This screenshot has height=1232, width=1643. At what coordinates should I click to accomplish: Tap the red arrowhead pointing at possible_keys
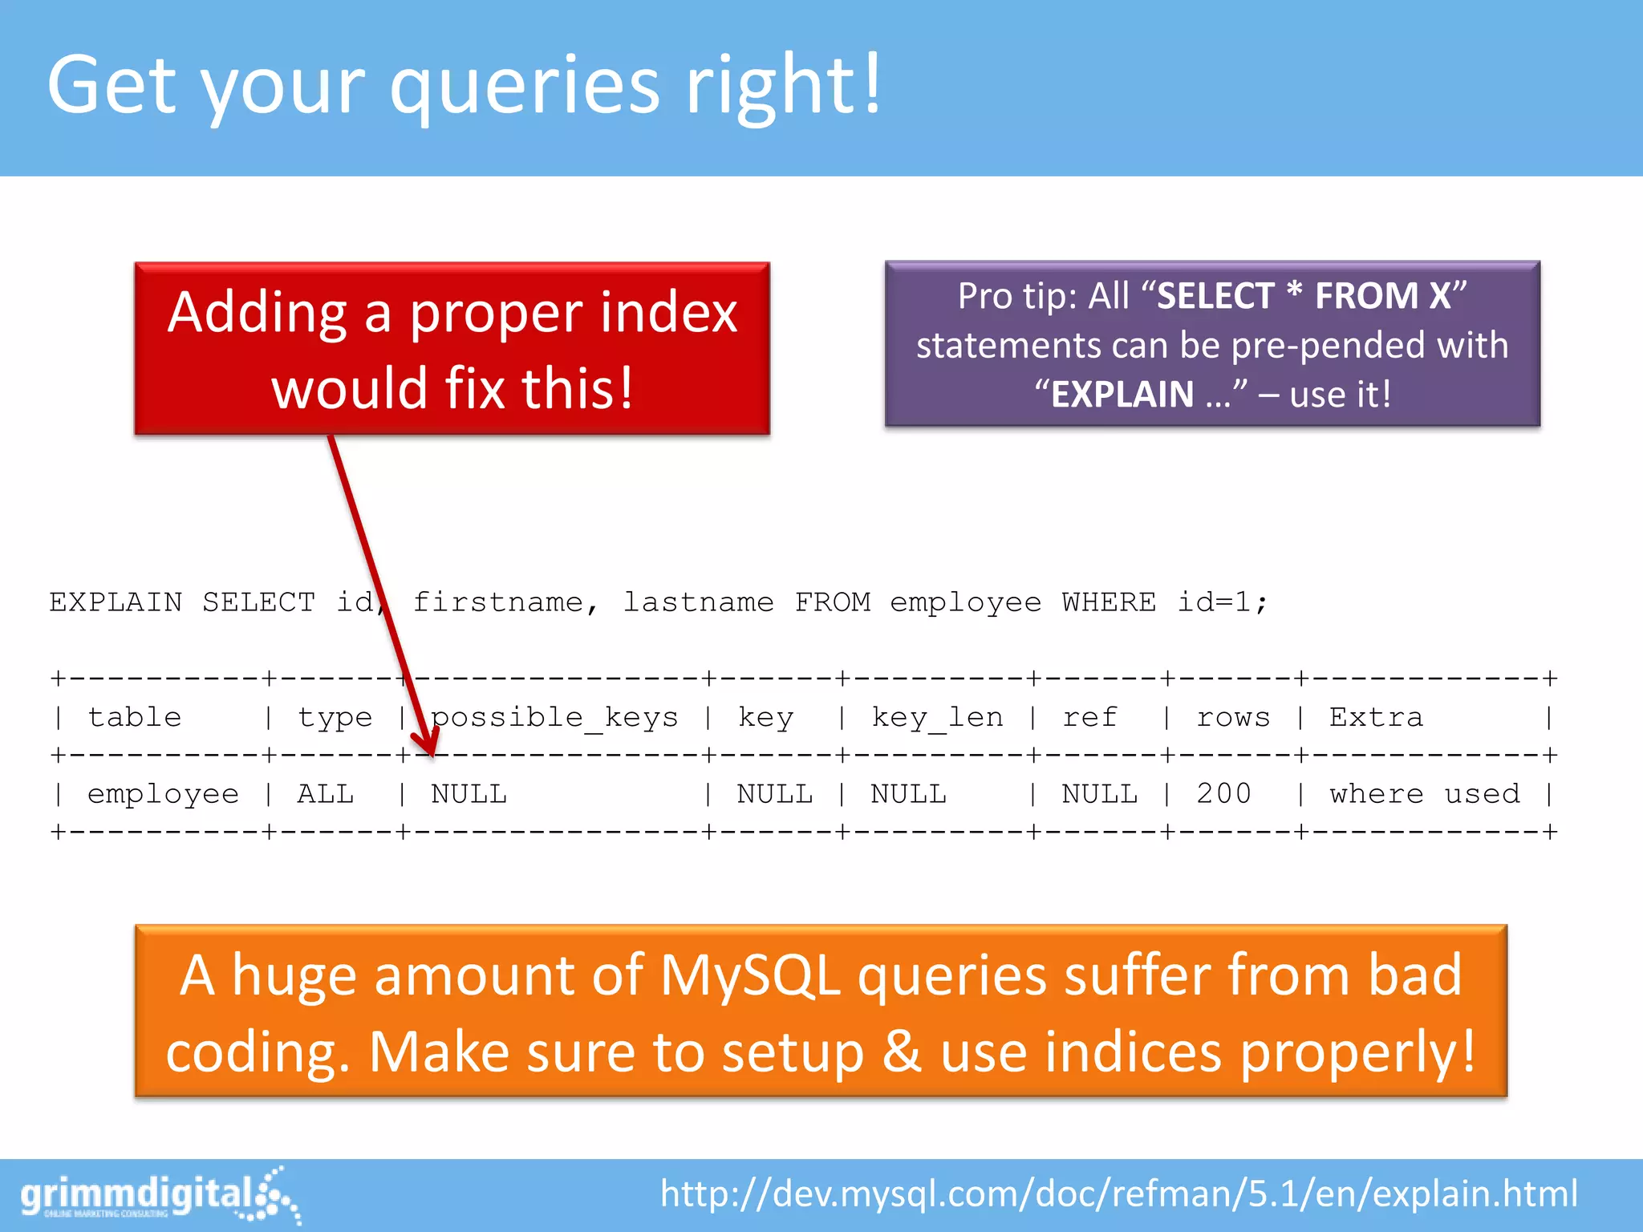428,743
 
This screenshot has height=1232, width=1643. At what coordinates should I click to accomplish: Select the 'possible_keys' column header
554,717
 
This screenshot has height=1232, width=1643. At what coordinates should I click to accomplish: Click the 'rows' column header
1233,717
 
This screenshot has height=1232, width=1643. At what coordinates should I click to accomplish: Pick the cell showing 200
1223,793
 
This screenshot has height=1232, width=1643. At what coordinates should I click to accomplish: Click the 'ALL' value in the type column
326,793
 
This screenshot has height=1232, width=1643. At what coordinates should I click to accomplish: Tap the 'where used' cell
1424,793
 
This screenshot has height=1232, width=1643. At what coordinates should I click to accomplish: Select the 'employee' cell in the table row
163,793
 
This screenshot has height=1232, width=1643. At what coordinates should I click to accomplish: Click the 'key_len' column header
937,717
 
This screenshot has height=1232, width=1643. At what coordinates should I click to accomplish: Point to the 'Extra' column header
1376,717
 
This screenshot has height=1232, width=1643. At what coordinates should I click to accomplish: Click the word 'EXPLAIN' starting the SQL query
116,602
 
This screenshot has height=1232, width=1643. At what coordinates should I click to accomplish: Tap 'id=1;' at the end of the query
1222,602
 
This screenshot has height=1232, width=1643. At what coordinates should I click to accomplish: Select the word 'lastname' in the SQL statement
698,602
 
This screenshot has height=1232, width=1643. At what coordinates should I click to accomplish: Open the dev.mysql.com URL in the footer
1119,1193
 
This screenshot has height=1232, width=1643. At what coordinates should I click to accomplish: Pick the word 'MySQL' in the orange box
750,976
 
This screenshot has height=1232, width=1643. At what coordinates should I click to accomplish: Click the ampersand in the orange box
902,1052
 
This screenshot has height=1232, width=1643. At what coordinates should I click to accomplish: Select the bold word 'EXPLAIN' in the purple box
1122,395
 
